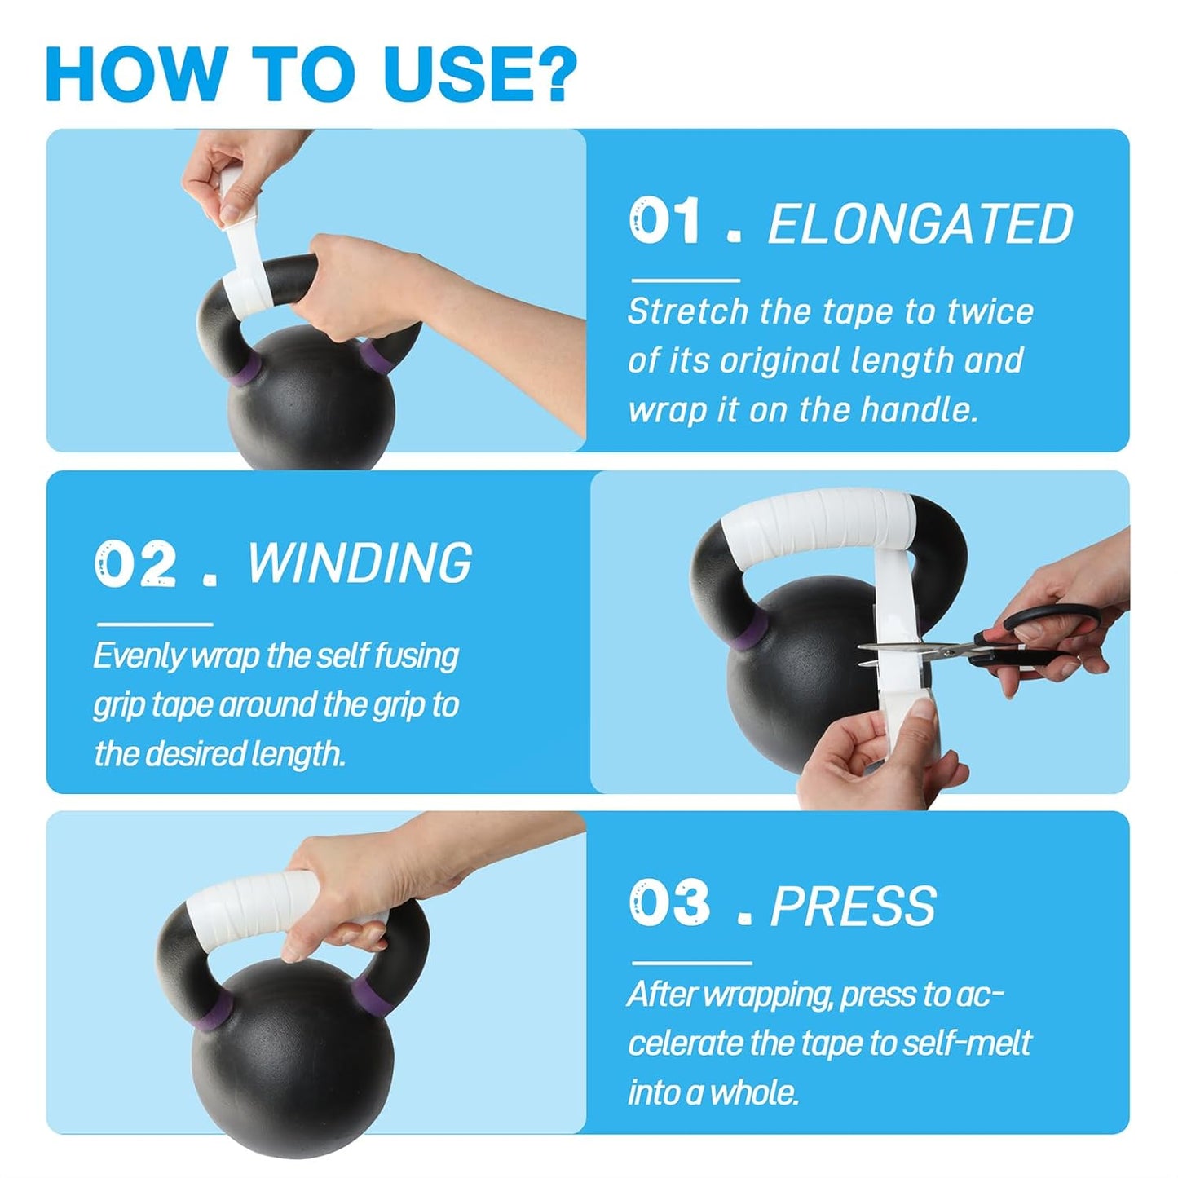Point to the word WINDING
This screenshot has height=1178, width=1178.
(x=359, y=562)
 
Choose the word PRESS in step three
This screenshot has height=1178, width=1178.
(x=852, y=906)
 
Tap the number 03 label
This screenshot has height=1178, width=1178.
(x=669, y=904)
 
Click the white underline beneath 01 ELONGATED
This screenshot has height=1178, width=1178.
(x=686, y=280)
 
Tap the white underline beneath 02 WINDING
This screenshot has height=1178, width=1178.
(x=155, y=624)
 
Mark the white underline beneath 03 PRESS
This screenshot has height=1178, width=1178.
(x=691, y=963)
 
